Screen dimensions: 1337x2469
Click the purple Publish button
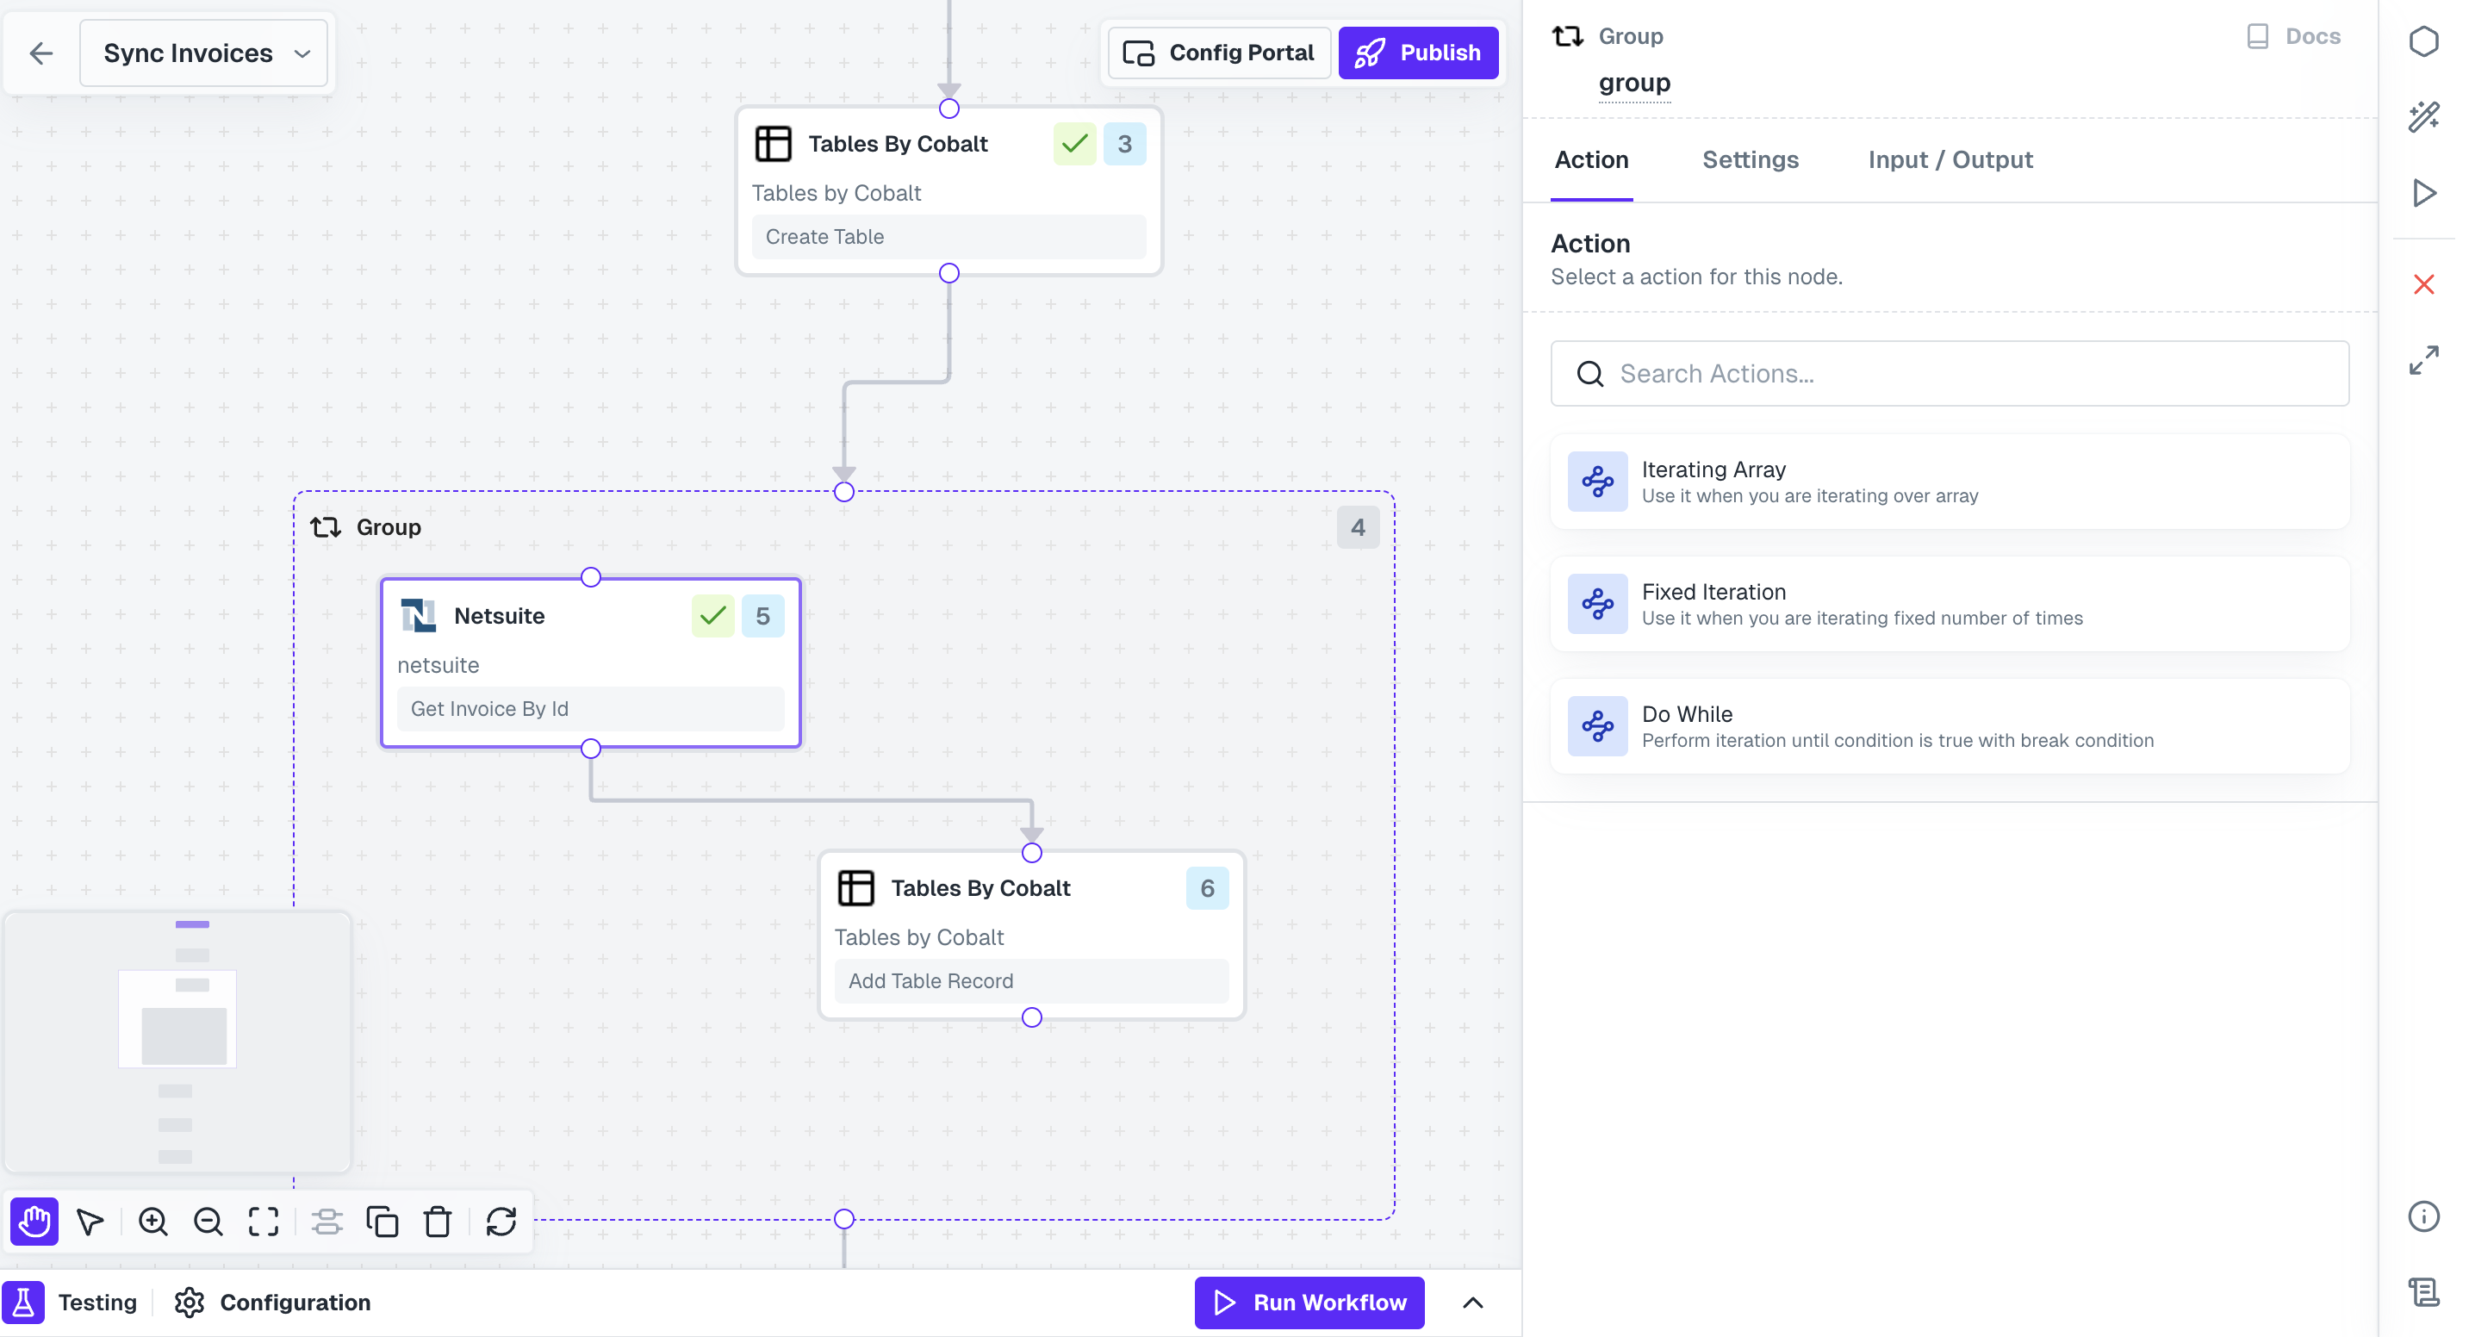tap(1418, 53)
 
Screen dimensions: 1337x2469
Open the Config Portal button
tap(1218, 53)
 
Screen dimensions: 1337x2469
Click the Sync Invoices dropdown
tap(204, 53)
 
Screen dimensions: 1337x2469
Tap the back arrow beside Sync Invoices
tap(41, 53)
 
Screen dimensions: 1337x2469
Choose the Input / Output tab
tap(1950, 160)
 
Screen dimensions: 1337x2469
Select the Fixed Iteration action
tap(1950, 605)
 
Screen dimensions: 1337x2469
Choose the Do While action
tap(1950, 726)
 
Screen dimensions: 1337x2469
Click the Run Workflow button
tap(1309, 1302)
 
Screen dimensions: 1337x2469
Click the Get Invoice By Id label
tap(490, 708)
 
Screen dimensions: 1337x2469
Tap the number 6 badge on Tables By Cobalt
tap(1207, 888)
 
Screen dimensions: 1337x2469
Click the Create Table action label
tap(824, 237)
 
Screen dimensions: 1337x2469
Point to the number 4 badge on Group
tap(1357, 527)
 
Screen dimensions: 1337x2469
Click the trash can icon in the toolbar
tap(438, 1221)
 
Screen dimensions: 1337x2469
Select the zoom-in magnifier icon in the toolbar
tap(153, 1221)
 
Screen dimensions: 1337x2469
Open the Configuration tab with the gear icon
tap(273, 1302)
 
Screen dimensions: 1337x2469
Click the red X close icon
tap(2423, 284)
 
